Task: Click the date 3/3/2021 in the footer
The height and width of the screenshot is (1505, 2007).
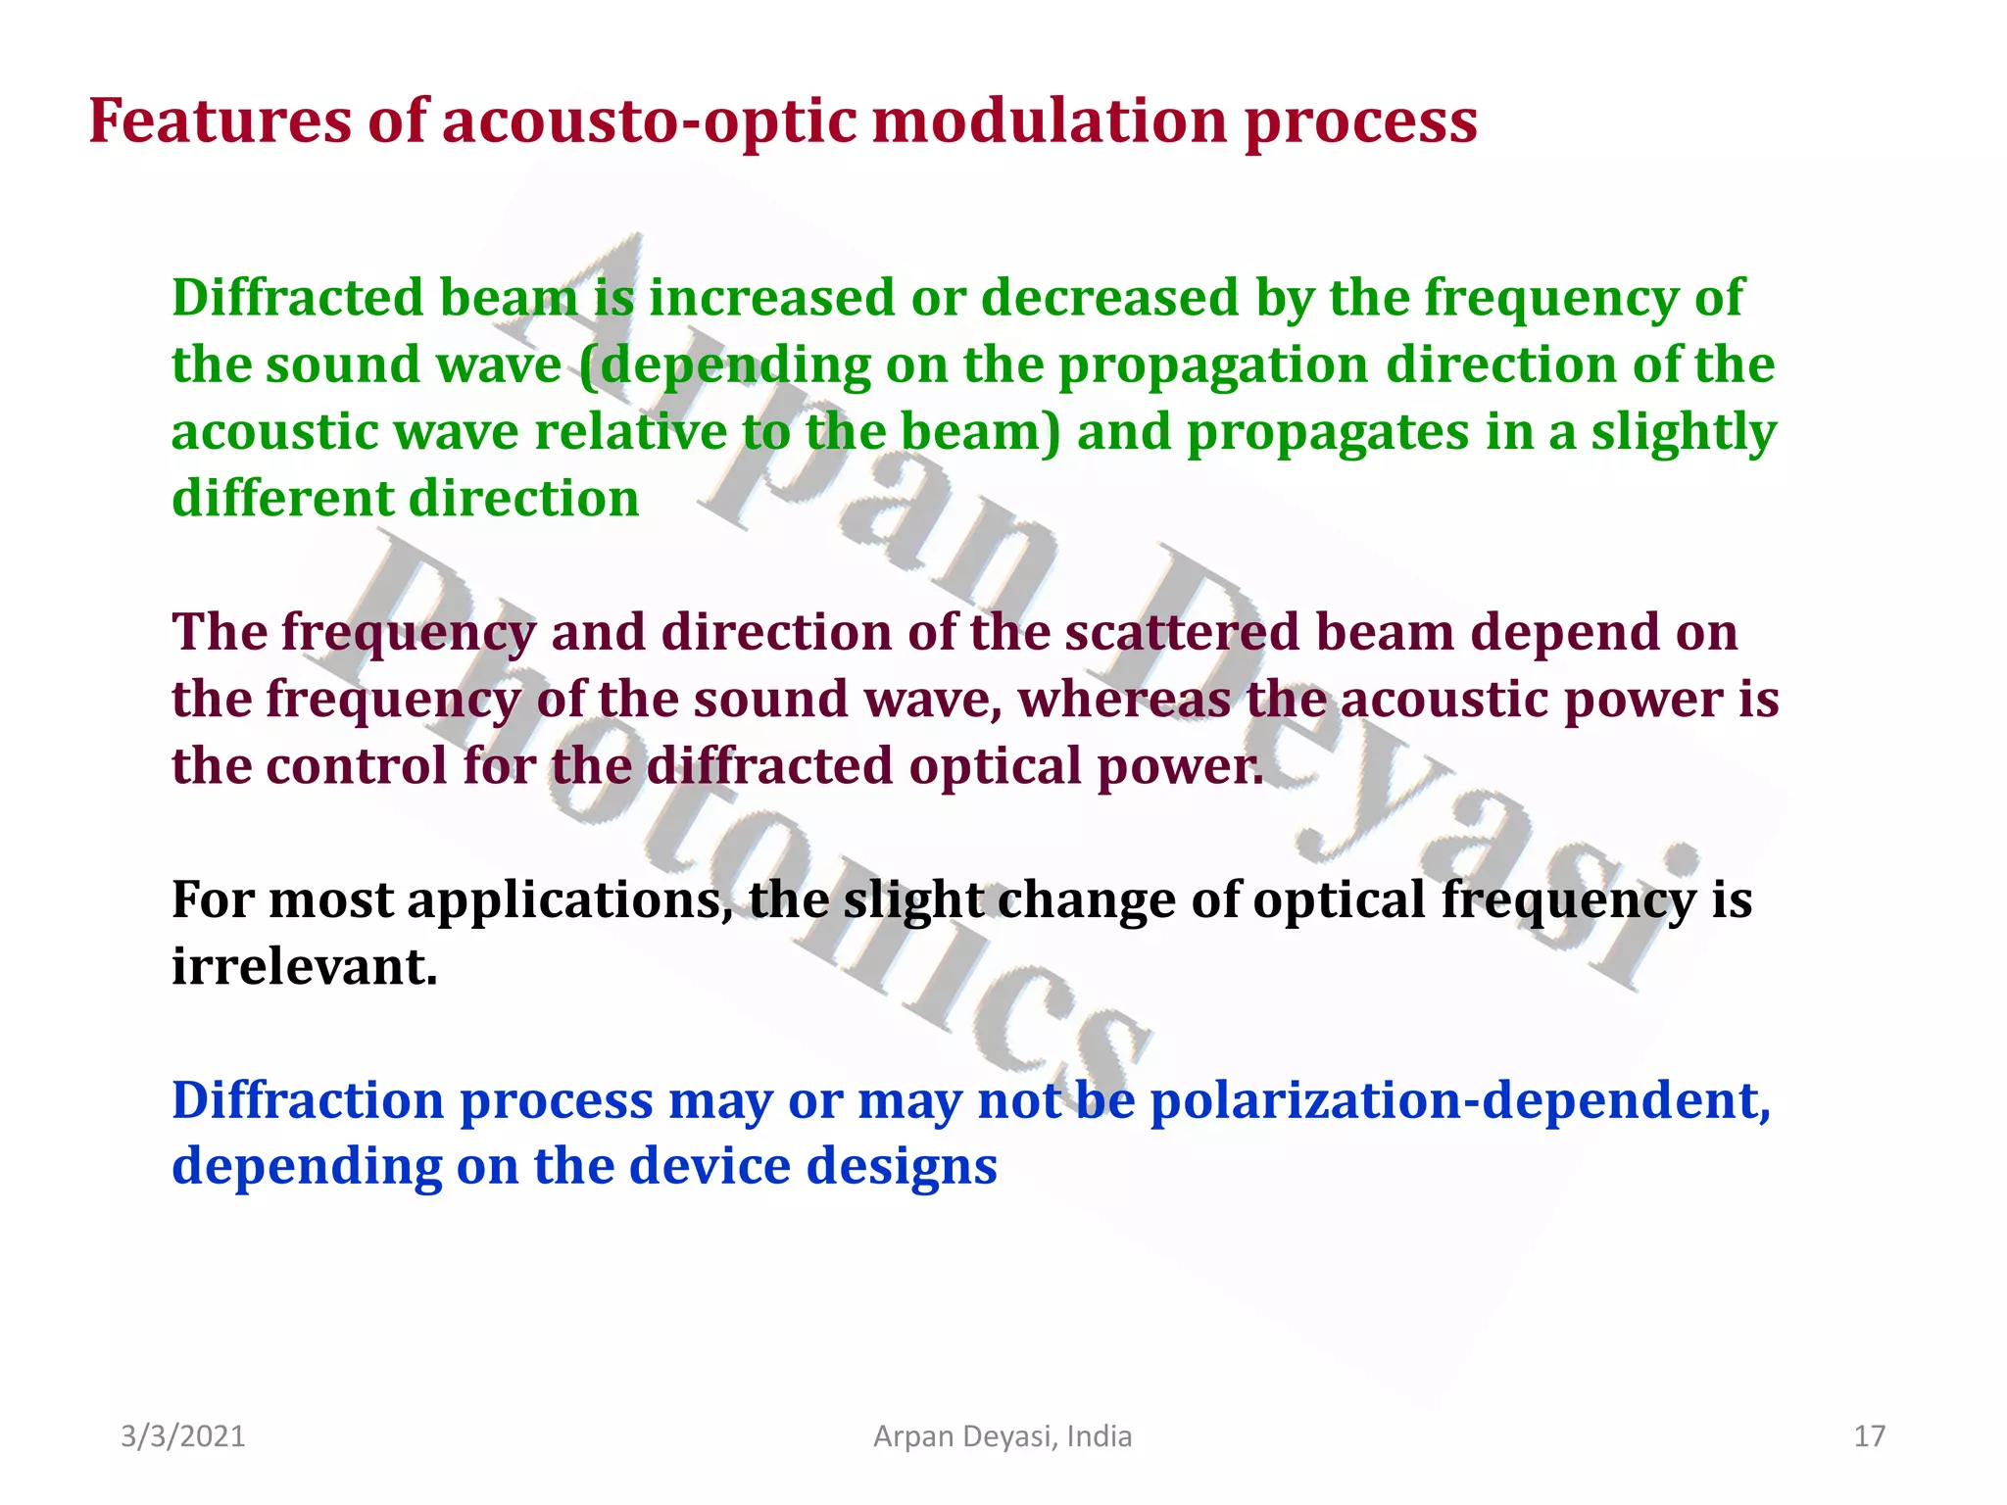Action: [x=182, y=1436]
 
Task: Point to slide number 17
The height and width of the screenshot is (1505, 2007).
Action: [x=1869, y=1436]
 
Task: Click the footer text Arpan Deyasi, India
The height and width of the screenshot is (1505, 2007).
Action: [x=1002, y=1436]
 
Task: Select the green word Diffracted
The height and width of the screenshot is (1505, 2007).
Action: [x=297, y=297]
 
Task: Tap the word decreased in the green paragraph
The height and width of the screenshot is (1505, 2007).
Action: [x=1109, y=297]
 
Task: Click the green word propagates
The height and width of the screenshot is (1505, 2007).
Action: [x=1328, y=432]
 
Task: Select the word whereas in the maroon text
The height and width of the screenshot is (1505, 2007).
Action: [x=1124, y=699]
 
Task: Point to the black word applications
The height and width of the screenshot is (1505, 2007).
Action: [x=569, y=899]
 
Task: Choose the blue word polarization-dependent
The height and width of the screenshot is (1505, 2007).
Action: [x=1459, y=1100]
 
